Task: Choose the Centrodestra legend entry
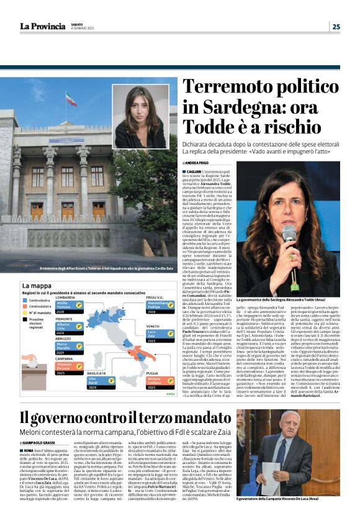point(38,299)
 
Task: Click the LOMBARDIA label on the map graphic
point(66,298)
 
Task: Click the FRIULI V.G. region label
point(157,298)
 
